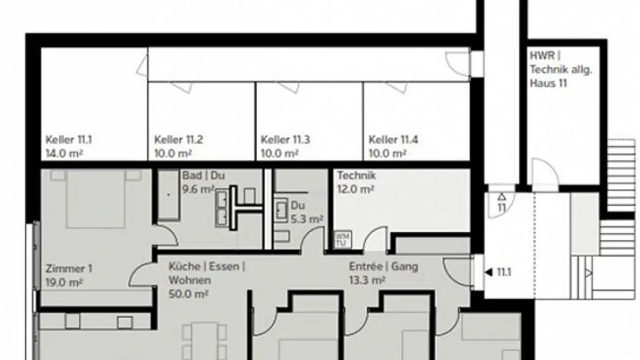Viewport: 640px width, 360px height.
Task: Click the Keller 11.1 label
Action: (68, 140)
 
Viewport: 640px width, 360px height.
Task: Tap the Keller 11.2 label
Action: (178, 140)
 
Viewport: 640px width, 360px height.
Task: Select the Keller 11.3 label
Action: (285, 140)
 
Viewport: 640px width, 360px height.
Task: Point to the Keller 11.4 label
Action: (393, 140)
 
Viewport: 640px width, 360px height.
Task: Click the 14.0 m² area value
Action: (65, 154)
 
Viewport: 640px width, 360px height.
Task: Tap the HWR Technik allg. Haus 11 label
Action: (561, 69)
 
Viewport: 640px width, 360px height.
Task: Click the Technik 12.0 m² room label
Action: (356, 182)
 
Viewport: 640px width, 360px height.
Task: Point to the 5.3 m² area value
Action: (307, 219)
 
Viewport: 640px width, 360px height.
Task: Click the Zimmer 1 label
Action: (68, 269)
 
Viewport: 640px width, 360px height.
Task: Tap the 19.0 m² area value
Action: (64, 282)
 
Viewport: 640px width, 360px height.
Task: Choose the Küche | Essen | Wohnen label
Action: (206, 273)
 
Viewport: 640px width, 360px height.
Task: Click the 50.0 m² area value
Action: (189, 294)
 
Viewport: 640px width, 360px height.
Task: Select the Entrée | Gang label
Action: (383, 267)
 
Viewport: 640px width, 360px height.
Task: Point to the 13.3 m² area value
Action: (367, 280)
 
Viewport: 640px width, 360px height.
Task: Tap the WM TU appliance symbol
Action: (342, 239)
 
